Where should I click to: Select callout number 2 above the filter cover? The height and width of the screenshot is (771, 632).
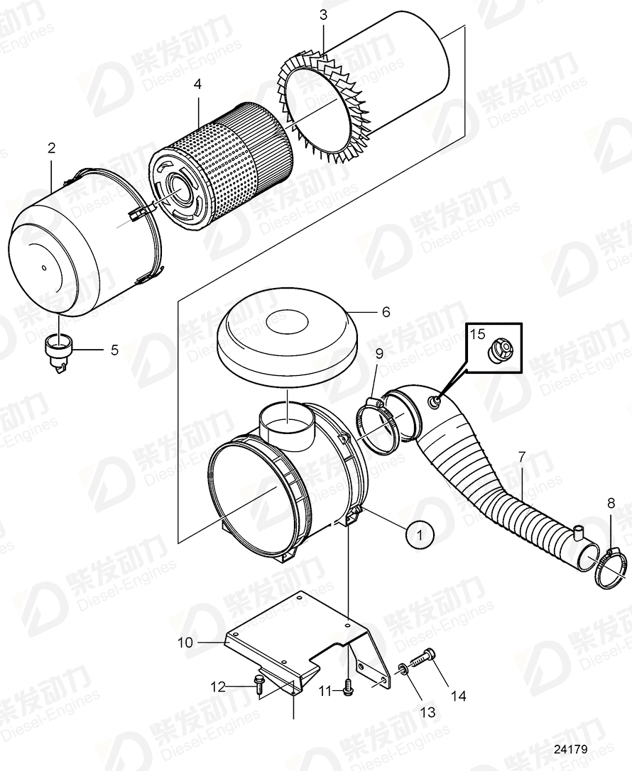coord(51,148)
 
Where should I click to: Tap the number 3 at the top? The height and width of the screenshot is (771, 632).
coord(323,15)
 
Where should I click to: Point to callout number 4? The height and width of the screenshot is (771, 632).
coord(197,84)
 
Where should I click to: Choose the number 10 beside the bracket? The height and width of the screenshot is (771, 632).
coord(185,643)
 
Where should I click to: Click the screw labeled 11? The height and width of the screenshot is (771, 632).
coord(348,689)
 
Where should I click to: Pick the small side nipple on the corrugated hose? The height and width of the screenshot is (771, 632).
coord(577,532)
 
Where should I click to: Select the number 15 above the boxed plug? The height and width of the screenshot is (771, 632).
coord(477,333)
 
